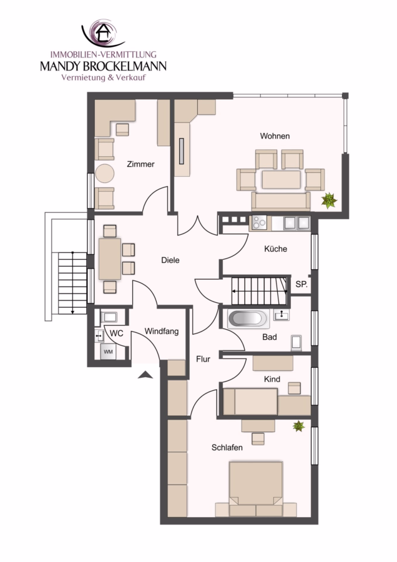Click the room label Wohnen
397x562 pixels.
[275, 136]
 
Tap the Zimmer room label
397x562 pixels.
[140, 164]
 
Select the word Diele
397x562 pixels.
[170, 260]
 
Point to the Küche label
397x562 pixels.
[275, 249]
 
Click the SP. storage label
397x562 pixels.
[301, 284]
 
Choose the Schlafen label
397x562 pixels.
[227, 448]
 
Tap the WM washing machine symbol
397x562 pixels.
[108, 352]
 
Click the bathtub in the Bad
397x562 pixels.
[248, 318]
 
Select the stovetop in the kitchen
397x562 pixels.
[260, 223]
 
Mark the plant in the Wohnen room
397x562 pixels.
[329, 200]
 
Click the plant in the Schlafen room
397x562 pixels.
[298, 426]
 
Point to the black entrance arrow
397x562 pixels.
[145, 375]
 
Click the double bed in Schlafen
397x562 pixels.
[256, 489]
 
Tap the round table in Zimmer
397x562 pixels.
[105, 174]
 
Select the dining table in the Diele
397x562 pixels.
[110, 259]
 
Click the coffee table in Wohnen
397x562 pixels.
[282, 180]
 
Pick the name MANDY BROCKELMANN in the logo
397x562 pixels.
[103, 66]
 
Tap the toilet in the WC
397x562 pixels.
[109, 317]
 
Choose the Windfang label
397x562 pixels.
[162, 332]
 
